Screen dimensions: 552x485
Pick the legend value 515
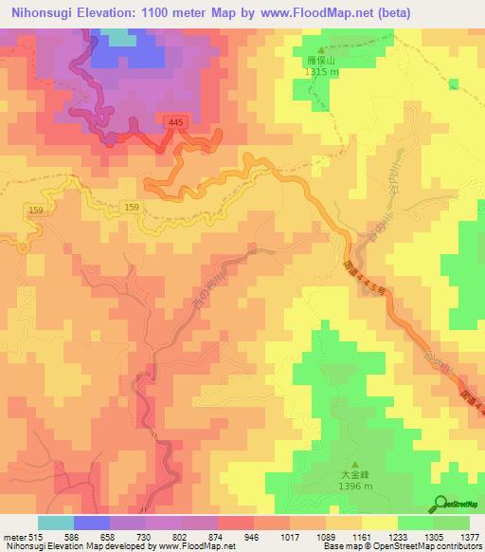point(35,536)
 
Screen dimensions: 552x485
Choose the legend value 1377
point(471,536)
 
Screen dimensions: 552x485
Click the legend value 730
point(144,536)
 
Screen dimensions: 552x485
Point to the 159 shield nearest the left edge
point(36,209)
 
